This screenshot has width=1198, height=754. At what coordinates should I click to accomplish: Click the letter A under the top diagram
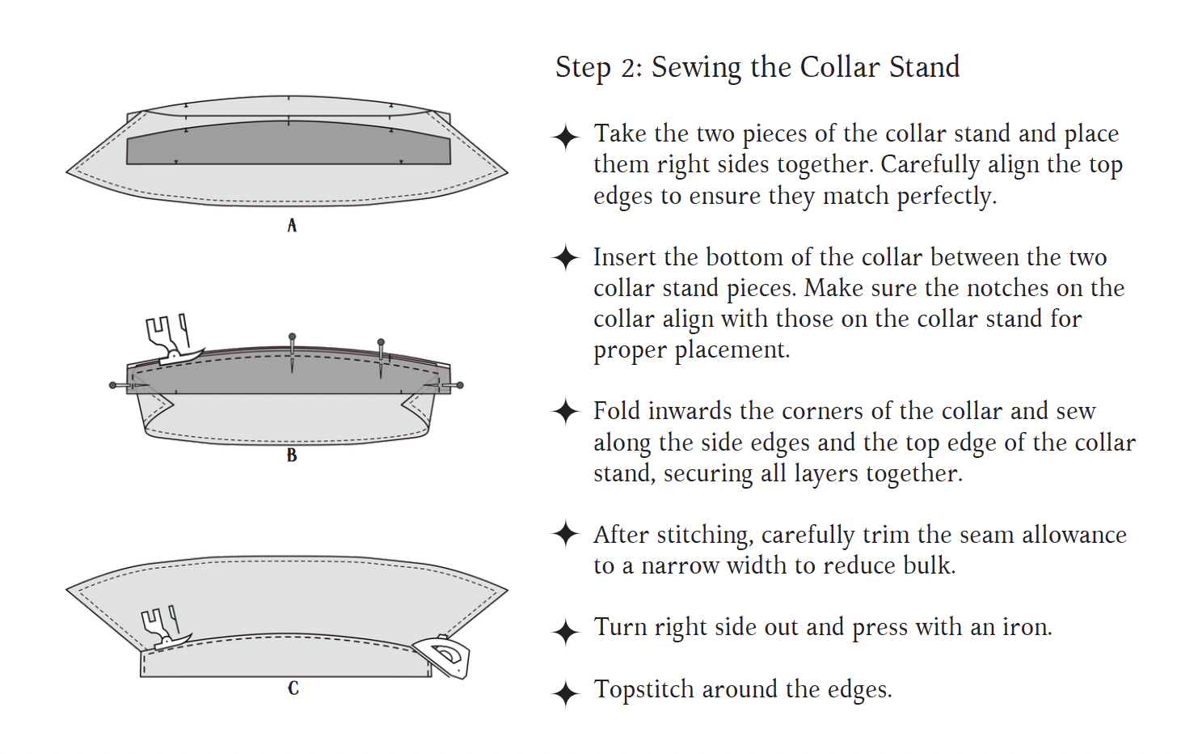pos(292,226)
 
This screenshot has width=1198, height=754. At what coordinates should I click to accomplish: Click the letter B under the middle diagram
pos(292,455)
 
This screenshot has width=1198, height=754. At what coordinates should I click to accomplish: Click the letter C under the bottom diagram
pos(293,688)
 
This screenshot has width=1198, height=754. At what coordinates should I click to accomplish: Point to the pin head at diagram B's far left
pos(113,385)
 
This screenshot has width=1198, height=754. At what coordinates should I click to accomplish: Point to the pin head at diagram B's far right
pos(460,385)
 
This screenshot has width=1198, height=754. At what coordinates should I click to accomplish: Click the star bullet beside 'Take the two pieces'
pos(566,137)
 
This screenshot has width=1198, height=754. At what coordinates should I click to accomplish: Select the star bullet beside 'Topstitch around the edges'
pos(566,693)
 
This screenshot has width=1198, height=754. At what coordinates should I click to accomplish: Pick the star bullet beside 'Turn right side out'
pos(566,631)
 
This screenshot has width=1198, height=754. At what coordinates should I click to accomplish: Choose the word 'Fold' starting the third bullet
pos(616,411)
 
